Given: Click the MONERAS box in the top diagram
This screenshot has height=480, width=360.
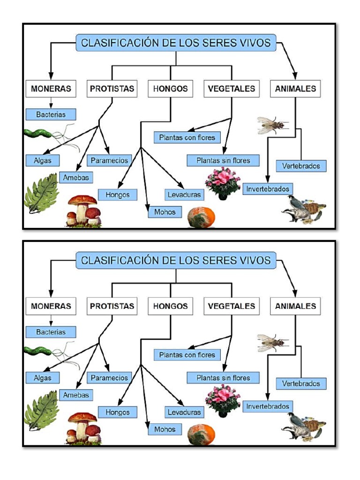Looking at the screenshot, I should tap(51, 89).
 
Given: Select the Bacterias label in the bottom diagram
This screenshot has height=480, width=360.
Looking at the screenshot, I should tap(51, 332).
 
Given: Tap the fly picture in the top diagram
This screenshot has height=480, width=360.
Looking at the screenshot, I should tap(272, 125).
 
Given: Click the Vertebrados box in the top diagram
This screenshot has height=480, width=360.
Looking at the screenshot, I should tap(301, 166).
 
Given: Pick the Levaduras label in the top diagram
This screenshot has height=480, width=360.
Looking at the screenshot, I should tap(184, 195).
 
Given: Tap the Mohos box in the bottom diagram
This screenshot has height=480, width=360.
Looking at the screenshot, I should tap(165, 429).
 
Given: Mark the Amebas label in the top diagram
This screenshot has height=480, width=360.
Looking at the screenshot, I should tap(76, 178).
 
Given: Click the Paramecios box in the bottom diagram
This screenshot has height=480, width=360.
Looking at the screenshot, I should tap(109, 378).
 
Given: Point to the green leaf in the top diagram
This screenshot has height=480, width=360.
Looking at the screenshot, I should tap(41, 192).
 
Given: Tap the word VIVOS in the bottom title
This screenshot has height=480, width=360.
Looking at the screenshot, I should tap(253, 260).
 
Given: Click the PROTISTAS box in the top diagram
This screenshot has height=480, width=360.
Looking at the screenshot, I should tap(112, 89).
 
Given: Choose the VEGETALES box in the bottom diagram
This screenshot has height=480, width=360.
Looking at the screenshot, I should tap(232, 307).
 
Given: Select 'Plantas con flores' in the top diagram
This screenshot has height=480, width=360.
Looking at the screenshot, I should tap(187, 138).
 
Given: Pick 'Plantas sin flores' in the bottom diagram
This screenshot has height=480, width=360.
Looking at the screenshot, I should tap(223, 378).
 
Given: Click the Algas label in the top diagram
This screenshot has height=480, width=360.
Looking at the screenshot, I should tap(43, 160).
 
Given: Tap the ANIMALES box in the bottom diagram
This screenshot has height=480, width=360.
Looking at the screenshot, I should tap(295, 307).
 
